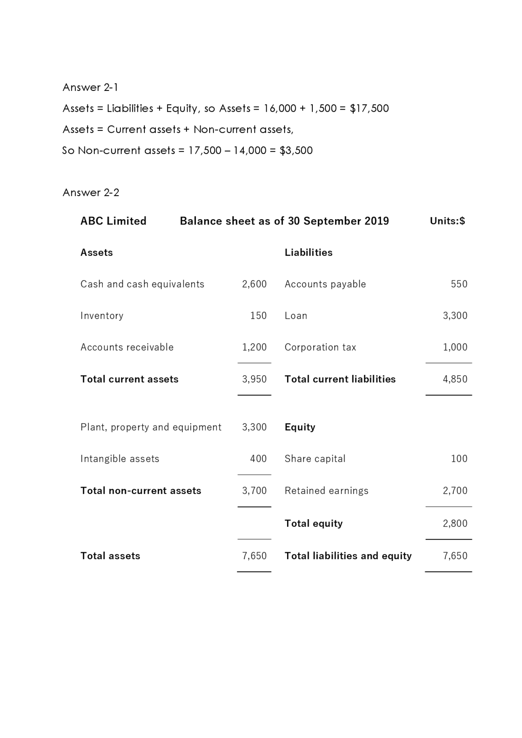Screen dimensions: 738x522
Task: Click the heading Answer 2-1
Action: [90, 87]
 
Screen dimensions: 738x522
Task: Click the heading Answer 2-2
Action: [91, 192]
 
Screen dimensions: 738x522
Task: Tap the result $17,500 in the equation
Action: [369, 108]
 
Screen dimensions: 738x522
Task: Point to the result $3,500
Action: [296, 150]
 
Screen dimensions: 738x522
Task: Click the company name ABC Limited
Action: [113, 221]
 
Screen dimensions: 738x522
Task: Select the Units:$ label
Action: [447, 221]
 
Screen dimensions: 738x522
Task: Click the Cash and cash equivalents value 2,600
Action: [254, 284]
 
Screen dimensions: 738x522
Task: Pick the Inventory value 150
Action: [258, 316]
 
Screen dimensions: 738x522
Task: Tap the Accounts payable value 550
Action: [459, 284]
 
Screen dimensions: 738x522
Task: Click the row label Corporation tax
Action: [320, 347]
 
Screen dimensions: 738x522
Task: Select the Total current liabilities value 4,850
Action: [455, 379]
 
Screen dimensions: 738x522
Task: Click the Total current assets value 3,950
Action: [254, 379]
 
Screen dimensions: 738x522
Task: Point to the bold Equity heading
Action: [300, 427]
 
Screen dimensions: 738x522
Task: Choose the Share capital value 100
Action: [459, 459]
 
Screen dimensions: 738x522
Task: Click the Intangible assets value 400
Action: [258, 459]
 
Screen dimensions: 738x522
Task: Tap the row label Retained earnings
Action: [326, 491]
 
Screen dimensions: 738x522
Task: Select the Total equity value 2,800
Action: [455, 523]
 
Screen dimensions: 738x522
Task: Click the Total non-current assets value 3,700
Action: [254, 491]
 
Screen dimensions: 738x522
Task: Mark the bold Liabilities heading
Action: [308, 253]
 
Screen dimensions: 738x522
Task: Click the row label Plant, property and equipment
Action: [151, 427]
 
